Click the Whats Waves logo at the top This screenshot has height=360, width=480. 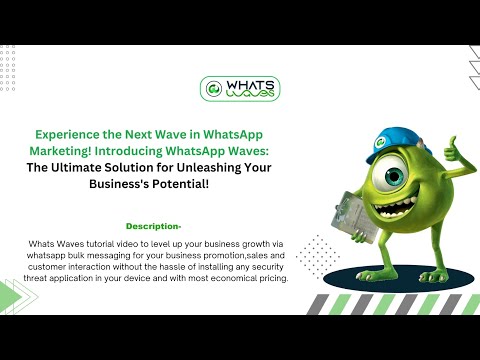240,90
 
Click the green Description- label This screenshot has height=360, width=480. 153,226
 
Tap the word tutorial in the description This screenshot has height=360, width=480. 97,244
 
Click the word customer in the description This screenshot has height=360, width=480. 54,266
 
